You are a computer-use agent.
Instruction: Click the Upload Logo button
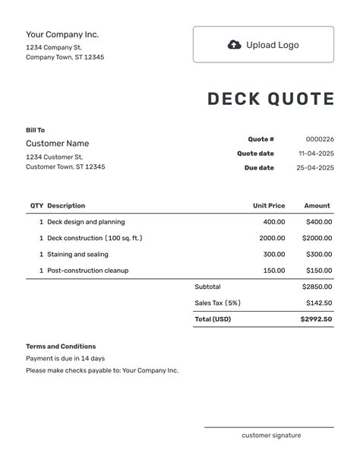[263, 45]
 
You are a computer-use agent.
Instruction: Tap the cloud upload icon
[235, 45]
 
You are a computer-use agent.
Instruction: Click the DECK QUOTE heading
[270, 100]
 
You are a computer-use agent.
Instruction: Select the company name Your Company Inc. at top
[62, 34]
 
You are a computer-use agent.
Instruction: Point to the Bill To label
[35, 130]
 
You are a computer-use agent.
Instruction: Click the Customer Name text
[57, 144]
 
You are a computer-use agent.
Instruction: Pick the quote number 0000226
[320, 139]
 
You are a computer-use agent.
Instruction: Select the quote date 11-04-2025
[315, 154]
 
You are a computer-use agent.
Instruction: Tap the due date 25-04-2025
[315, 168]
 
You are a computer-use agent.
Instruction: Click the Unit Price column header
[269, 205]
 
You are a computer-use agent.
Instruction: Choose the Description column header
[66, 205]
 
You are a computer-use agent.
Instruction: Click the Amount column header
[317, 205]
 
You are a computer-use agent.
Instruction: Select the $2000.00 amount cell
[317, 238]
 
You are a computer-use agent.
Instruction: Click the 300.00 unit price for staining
[274, 255]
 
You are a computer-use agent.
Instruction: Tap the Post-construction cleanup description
[87, 271]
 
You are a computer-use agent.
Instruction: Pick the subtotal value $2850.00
[317, 287]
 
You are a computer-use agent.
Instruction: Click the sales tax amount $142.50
[318, 303]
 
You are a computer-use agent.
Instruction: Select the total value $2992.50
[316, 319]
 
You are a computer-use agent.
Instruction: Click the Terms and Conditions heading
[61, 347]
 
